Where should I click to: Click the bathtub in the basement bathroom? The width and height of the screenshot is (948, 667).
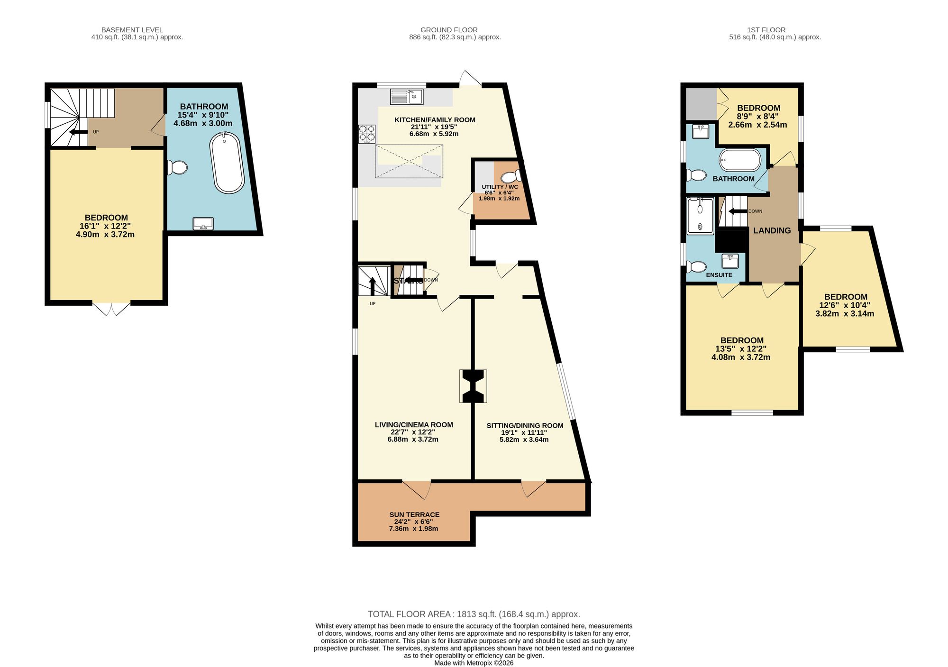[x=227, y=163]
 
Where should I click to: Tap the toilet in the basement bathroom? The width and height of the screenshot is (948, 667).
[x=178, y=167]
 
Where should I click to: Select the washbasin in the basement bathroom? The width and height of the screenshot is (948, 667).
[x=203, y=223]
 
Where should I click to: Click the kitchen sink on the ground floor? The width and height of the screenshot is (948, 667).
[x=407, y=97]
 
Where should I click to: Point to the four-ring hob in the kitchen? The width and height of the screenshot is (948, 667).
[x=367, y=133]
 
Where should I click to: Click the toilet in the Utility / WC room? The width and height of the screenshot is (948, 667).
[x=511, y=177]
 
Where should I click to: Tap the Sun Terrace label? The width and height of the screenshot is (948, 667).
[x=414, y=514]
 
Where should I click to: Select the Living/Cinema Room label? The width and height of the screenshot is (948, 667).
[x=414, y=425]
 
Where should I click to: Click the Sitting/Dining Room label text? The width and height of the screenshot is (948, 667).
[x=525, y=426]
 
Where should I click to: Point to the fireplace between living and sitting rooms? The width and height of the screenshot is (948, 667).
[x=473, y=386]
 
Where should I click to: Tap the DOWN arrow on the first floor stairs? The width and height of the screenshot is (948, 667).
[x=738, y=211]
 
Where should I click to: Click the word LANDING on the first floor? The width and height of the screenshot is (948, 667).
[x=772, y=230]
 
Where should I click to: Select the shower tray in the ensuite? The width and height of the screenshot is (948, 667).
[x=700, y=216]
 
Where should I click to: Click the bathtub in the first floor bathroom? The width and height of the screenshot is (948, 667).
[x=739, y=160]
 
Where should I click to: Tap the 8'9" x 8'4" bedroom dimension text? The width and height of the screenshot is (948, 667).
[x=758, y=116]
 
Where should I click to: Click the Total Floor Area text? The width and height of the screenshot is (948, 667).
[x=474, y=614]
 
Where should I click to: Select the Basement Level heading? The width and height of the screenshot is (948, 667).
[x=132, y=30]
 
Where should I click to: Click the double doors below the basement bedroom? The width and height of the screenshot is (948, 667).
[x=111, y=309]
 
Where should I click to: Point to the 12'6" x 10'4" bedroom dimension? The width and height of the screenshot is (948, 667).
[x=845, y=305]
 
